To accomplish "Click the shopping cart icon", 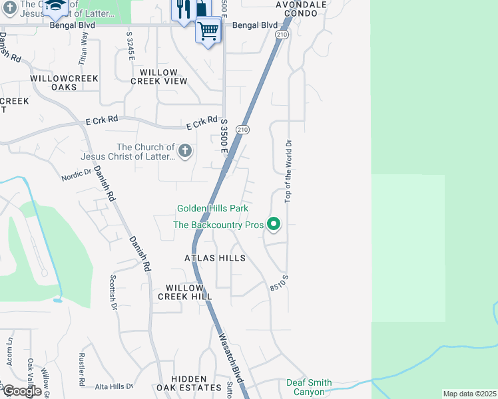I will coord(208,30).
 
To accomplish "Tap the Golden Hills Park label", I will coord(212,209).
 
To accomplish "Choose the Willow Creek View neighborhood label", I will coord(158,76).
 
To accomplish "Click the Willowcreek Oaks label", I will coord(64,83).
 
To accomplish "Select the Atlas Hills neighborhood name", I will coord(215,258).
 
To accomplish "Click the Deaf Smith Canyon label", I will coord(309,387).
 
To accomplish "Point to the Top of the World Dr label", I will coord(289,171).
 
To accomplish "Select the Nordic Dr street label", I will coord(76,176).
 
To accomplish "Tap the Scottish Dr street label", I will coord(113,293).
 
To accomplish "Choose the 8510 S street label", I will coord(279,283).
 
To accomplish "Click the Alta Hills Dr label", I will coord(114,386).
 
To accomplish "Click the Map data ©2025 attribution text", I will coord(470,394).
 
